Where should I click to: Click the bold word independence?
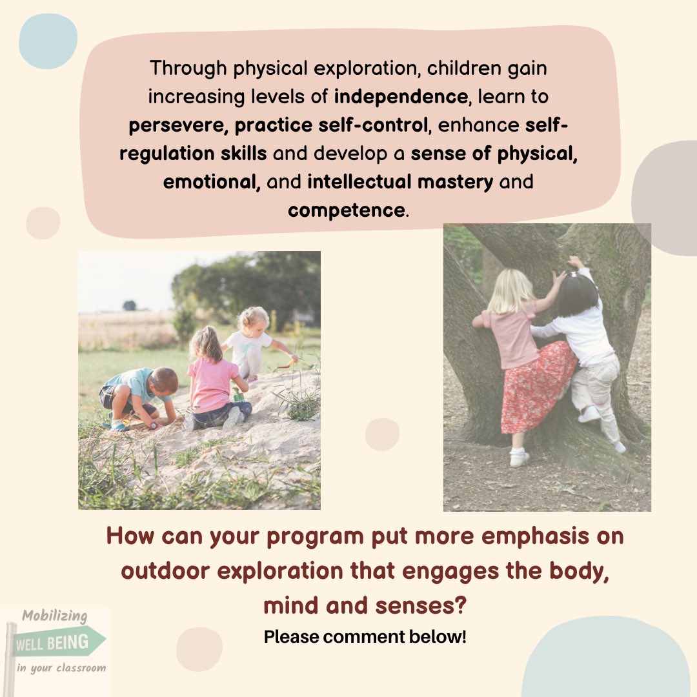click(x=400, y=97)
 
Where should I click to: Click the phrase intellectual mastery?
click(x=400, y=182)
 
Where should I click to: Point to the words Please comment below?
click(x=365, y=637)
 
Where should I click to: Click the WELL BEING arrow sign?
click(x=58, y=643)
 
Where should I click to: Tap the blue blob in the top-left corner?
click(x=48, y=40)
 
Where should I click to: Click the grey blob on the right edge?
click(x=668, y=197)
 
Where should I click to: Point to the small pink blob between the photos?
click(x=382, y=434)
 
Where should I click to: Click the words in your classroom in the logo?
click(x=61, y=667)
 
